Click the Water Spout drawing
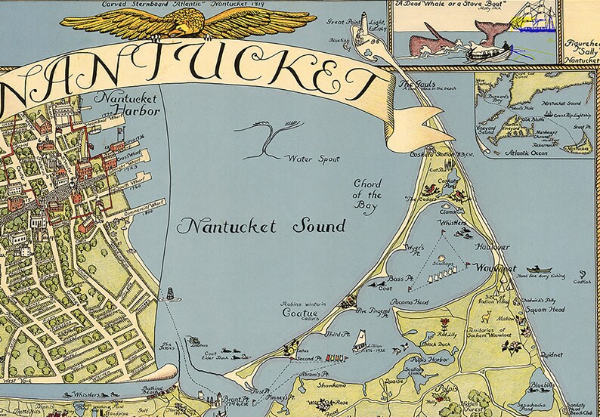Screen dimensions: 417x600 pyautogui.click(x=264, y=141)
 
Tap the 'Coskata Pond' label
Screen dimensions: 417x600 pyautogui.click(x=450, y=183)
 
